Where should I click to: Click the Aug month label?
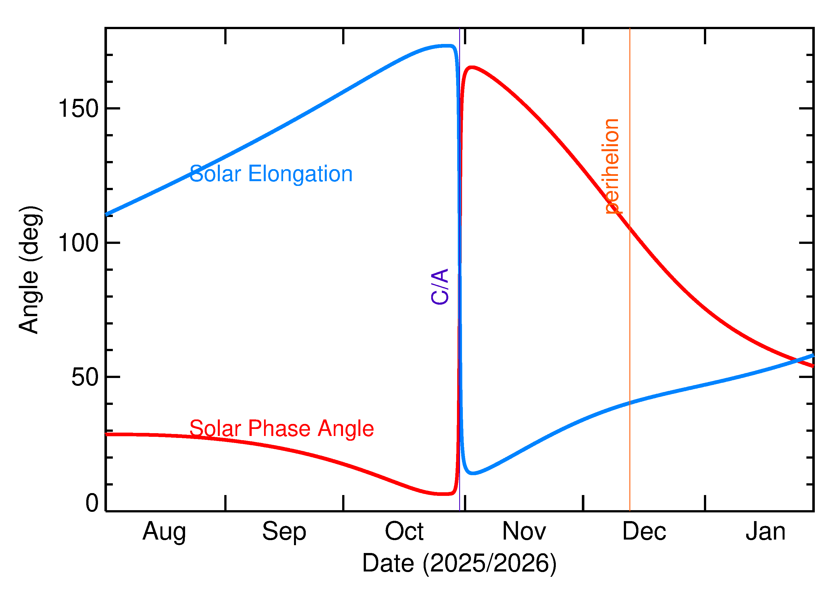pyautogui.click(x=164, y=532)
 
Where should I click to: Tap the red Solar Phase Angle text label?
pyautogui.click(x=281, y=428)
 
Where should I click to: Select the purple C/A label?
pyautogui.click(x=440, y=286)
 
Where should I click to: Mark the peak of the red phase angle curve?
pyautogui.click(x=472, y=67)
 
